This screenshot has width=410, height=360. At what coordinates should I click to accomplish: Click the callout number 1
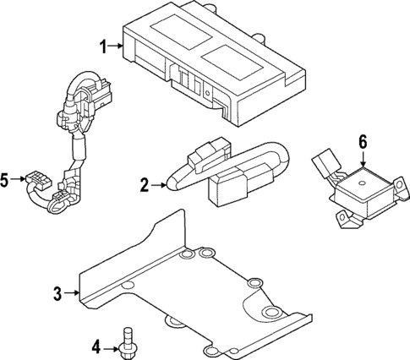tap(104, 46)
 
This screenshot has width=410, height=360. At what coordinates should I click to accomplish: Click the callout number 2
tap(145, 183)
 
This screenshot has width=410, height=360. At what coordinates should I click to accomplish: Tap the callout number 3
tap(57, 294)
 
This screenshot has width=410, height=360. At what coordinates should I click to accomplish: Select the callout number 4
tap(96, 345)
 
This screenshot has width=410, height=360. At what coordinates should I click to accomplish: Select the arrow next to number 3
tap(72, 294)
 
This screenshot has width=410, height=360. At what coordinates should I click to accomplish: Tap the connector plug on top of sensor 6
tap(322, 161)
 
